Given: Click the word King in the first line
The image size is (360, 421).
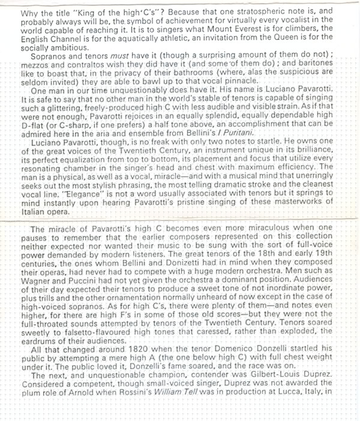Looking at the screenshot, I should pyautogui.click(x=85, y=10).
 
